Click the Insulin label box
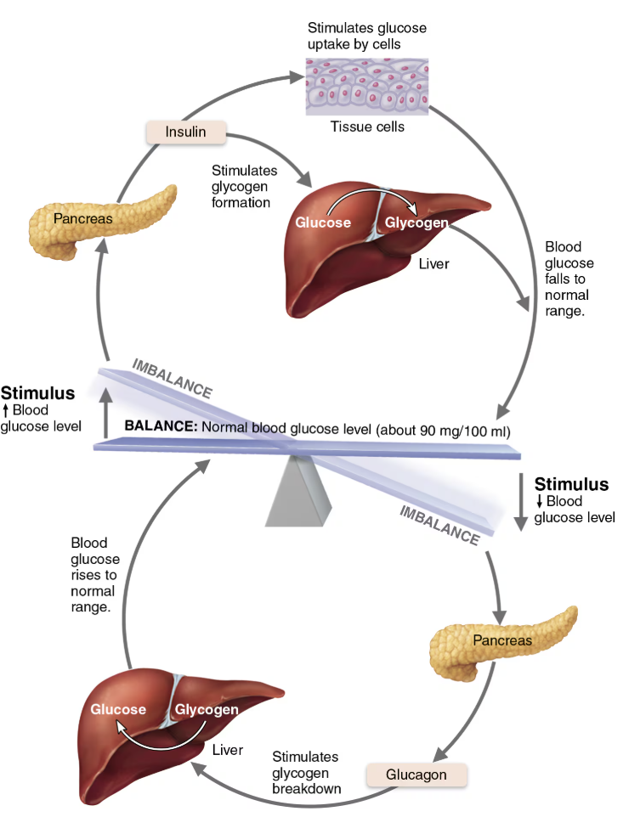(185, 132)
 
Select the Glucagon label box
(416, 775)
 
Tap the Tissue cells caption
(366, 127)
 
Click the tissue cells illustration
(366, 86)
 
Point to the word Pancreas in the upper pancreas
(83, 219)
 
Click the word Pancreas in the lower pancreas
(502, 640)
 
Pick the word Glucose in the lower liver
(118, 709)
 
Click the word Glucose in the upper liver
(323, 223)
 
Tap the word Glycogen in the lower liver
(207, 709)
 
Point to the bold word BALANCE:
(160, 426)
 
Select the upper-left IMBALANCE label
(172, 379)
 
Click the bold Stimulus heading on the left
(37, 393)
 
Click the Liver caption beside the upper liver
(433, 264)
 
